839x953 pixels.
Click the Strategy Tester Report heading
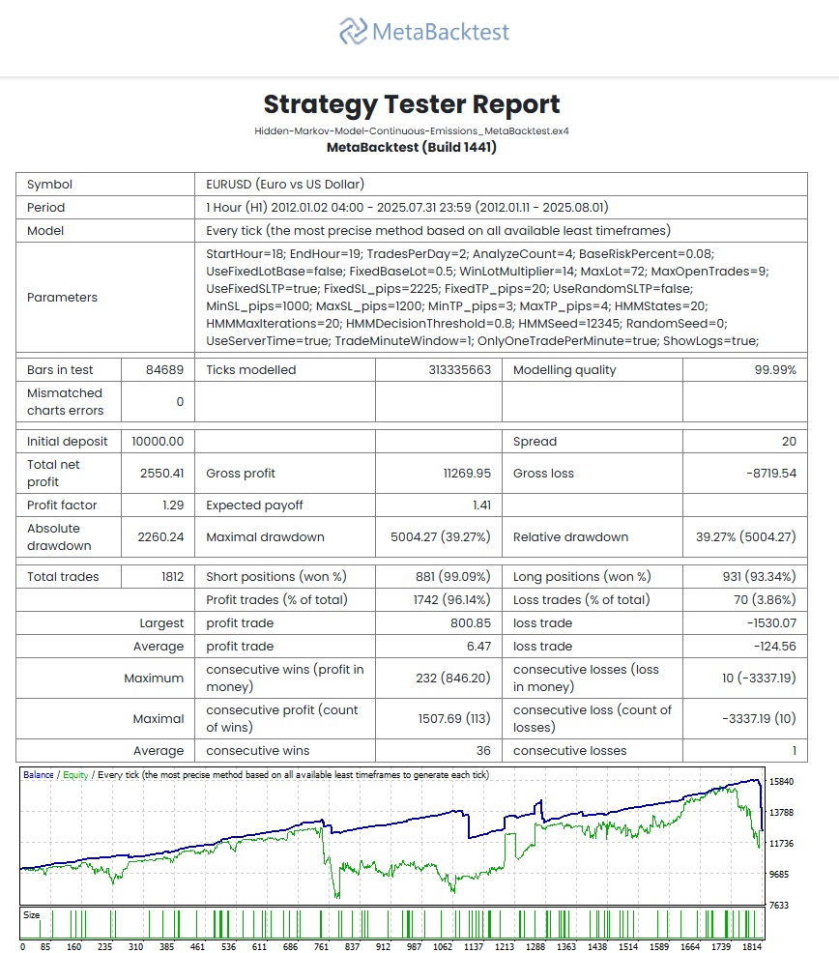[x=412, y=104]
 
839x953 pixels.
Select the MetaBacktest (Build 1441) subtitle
[x=412, y=148]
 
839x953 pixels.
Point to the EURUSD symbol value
[x=285, y=185]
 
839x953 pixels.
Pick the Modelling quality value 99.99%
[x=775, y=370]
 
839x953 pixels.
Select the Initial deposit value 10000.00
[x=158, y=442]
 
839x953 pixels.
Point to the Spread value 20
[x=789, y=442]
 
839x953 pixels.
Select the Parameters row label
[x=62, y=298]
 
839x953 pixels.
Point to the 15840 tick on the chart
[x=781, y=782]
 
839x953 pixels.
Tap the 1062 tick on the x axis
[x=444, y=947]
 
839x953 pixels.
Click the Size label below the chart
[x=32, y=915]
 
